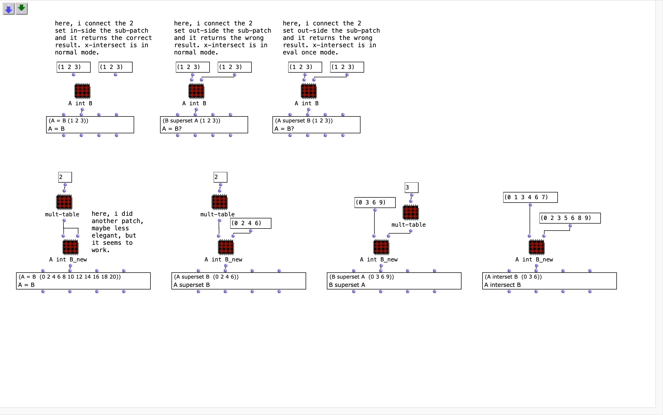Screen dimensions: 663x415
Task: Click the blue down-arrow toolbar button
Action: [x=9, y=9]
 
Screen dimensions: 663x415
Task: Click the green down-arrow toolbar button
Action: [x=22, y=9]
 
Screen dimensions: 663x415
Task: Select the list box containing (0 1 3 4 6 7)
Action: [x=530, y=197]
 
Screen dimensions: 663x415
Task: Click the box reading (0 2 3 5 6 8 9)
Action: [x=570, y=218]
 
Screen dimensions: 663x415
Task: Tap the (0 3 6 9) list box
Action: [x=375, y=203]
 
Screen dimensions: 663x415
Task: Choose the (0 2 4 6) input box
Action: [x=251, y=223]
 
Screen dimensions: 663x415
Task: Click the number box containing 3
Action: [x=412, y=188]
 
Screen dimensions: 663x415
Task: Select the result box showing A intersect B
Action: [x=549, y=281]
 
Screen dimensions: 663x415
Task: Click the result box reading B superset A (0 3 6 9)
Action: [x=394, y=281]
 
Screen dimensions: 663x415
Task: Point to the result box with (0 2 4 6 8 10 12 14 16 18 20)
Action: [x=83, y=281]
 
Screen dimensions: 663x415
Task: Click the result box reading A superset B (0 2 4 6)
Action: [x=239, y=281]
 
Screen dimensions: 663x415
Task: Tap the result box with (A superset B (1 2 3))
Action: [x=316, y=125]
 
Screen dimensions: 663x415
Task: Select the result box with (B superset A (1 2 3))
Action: [x=204, y=125]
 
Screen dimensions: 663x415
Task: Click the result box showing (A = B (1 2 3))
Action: [x=90, y=125]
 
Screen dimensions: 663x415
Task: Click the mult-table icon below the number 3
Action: [x=411, y=212]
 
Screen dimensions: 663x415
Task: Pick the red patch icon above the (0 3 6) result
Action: [x=536, y=247]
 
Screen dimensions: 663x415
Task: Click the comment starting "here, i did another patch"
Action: [x=117, y=232]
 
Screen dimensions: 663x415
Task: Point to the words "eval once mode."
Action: [x=311, y=52]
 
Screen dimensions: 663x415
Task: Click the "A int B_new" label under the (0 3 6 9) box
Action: [x=379, y=260]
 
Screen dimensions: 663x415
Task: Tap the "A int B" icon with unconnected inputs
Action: [x=82, y=91]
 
